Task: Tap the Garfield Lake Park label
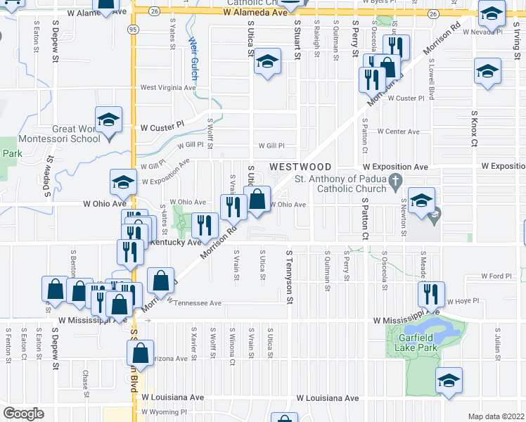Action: point(415,342)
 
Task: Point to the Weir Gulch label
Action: point(193,58)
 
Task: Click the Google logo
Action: point(24,414)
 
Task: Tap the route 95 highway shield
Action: point(133,30)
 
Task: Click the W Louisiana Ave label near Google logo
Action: point(172,397)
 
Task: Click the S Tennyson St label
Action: point(288,271)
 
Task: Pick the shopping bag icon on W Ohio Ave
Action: point(258,199)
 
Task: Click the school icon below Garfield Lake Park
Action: point(449,380)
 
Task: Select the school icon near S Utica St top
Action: point(267,62)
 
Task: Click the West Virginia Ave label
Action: point(166,88)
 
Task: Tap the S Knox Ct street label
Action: point(475,129)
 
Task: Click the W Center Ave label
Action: point(398,132)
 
